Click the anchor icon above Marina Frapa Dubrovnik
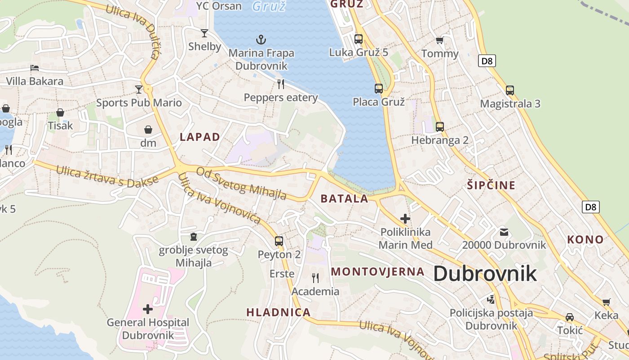pos(261,40)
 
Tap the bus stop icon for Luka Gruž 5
pos(359,39)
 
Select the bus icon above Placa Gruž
pos(379,89)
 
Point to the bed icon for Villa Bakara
pos(35,68)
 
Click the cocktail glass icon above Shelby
pos(204,33)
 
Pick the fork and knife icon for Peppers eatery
pos(281,84)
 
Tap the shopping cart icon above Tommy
pos(440,40)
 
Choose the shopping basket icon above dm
pos(148,130)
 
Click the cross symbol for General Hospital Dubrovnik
pos(148,309)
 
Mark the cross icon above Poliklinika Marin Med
pos(405,219)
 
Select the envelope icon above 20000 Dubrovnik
pos(504,232)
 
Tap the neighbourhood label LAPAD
pos(200,137)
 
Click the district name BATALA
pos(345,198)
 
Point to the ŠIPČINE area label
pos(491,185)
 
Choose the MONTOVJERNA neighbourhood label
pos(378,271)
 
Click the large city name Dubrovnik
pos(485,273)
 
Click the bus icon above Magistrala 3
pos(510,90)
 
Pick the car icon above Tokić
pos(570,317)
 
